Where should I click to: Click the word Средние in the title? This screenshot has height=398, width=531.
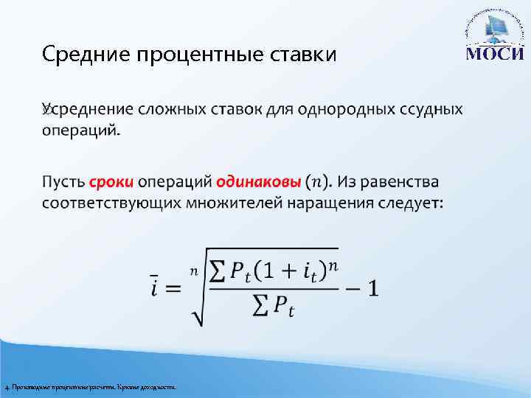[x=75, y=55]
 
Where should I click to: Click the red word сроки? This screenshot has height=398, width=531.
[x=113, y=181]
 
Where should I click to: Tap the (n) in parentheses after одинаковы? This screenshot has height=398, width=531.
[x=318, y=182]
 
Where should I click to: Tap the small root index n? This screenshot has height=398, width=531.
[x=194, y=270]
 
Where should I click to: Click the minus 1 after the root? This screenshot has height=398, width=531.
[x=364, y=288]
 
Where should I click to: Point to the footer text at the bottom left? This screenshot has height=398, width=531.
[x=89, y=387]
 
